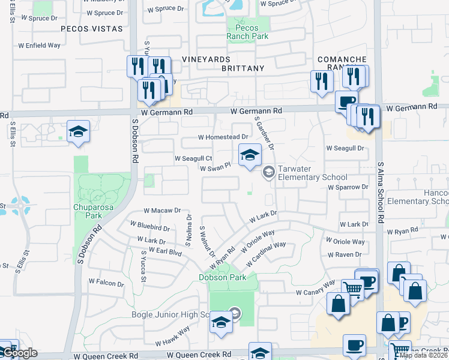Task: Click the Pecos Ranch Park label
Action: (243, 32)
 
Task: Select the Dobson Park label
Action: (223, 278)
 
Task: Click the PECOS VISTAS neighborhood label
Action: (92, 29)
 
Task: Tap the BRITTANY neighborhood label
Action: (243, 68)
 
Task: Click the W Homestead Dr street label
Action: (223, 137)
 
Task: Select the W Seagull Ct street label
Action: (193, 158)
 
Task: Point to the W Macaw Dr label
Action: (162, 211)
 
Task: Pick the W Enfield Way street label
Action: (40, 45)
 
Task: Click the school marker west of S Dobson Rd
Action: (78, 133)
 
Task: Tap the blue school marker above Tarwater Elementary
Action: (250, 155)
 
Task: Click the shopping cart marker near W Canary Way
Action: (352, 290)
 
